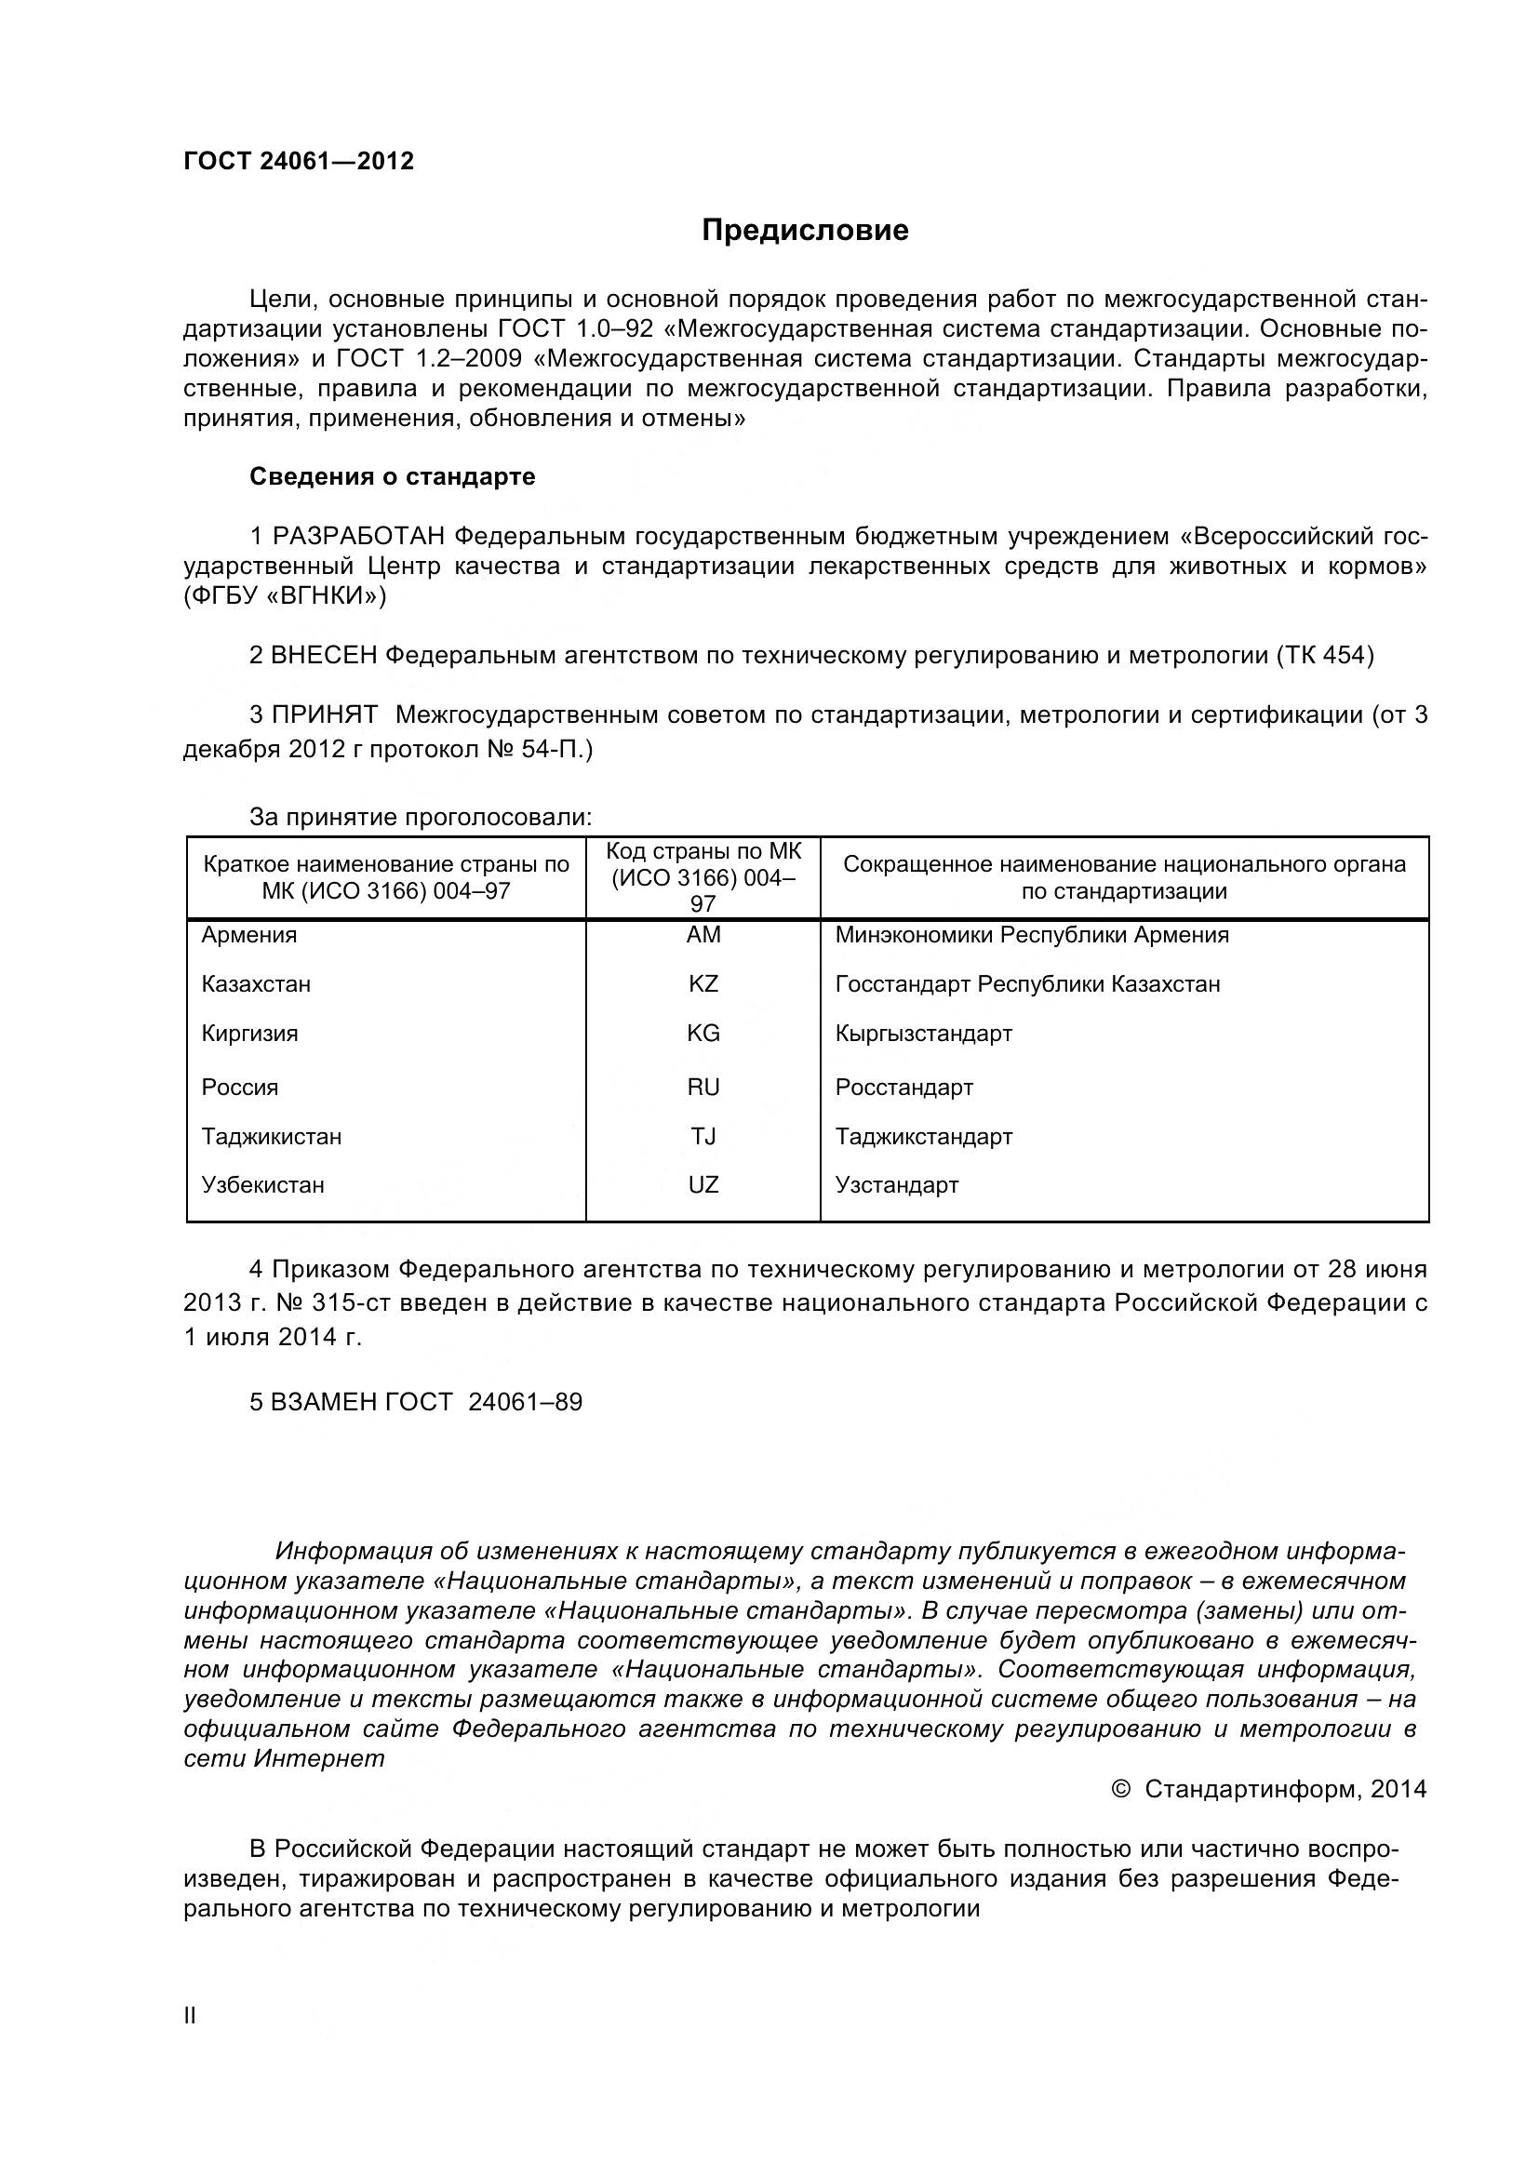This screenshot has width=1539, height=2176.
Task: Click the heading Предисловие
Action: point(805,231)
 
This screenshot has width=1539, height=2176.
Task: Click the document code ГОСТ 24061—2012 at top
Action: point(299,161)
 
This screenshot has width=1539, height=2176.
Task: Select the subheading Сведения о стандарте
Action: point(393,476)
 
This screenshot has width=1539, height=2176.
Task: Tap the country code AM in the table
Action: point(703,935)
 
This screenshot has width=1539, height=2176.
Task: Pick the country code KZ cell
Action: point(703,984)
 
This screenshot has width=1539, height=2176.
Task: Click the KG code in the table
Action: point(703,1034)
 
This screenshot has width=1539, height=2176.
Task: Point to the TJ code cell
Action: point(703,1137)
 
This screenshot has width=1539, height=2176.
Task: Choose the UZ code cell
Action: point(703,1185)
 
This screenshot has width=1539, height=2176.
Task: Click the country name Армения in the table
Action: point(249,935)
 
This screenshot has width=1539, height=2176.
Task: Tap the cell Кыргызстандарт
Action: point(924,1034)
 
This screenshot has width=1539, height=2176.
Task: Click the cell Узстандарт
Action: point(896,1185)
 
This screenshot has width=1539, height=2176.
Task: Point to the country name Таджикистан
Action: point(272,1137)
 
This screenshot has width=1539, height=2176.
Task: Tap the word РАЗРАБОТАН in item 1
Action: point(358,538)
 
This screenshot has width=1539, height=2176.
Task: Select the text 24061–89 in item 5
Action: point(525,1403)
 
